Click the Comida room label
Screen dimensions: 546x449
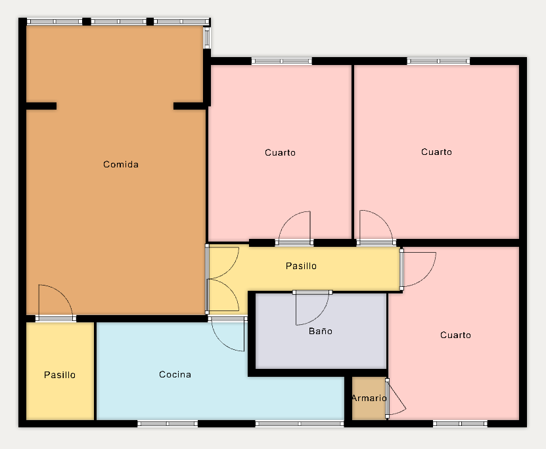tap(121, 164)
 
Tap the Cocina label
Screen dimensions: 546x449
tap(175, 374)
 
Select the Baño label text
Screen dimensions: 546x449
tap(321, 330)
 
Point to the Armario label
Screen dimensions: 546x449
tap(369, 398)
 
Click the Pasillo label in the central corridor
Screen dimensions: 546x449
tap(301, 266)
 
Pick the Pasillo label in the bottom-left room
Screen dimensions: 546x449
tap(60, 375)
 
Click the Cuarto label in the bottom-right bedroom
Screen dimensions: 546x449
tap(455, 335)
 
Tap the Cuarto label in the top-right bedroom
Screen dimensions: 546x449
tap(436, 152)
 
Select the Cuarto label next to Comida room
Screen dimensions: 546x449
tap(280, 152)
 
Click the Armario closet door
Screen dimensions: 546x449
tap(397, 398)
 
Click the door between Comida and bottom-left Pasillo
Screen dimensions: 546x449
tap(56, 302)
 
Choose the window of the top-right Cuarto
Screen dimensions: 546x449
tap(438, 61)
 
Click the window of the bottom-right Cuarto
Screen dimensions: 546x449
tap(460, 423)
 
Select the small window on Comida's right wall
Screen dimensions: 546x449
tap(206, 37)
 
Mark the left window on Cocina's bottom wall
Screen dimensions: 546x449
tap(168, 423)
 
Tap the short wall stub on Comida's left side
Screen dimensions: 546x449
tap(41, 106)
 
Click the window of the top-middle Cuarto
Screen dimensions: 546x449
tap(282, 61)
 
